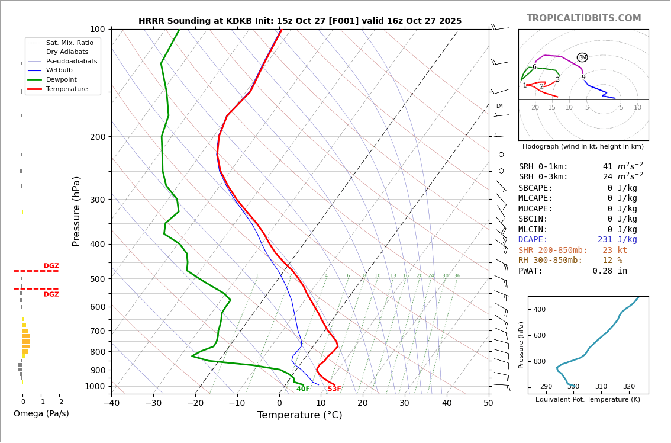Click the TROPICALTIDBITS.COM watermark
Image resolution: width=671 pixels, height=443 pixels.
pyautogui.click(x=583, y=18)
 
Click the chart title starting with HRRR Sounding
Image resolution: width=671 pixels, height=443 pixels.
pyautogui.click(x=300, y=21)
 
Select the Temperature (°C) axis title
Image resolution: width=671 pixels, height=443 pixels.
pyautogui.click(x=299, y=415)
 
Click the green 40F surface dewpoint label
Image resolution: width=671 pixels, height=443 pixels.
pyautogui.click(x=303, y=389)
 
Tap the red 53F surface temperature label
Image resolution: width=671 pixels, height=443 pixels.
pyautogui.click(x=334, y=389)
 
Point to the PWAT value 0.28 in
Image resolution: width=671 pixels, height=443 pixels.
pyautogui.click(x=609, y=271)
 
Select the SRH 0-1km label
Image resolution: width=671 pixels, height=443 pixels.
pyautogui.click(x=543, y=167)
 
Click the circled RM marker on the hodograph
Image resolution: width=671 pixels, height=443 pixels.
pyautogui.click(x=582, y=57)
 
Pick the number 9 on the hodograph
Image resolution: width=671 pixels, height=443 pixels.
pyautogui.click(x=583, y=78)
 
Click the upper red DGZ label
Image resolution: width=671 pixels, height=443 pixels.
pyautogui.click(x=51, y=266)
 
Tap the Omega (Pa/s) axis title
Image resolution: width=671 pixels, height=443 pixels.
pyautogui.click(x=41, y=413)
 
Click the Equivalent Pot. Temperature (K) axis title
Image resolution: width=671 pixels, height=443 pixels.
pyautogui.click(x=588, y=400)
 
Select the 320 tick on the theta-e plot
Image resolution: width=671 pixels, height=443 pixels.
pyautogui.click(x=628, y=387)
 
